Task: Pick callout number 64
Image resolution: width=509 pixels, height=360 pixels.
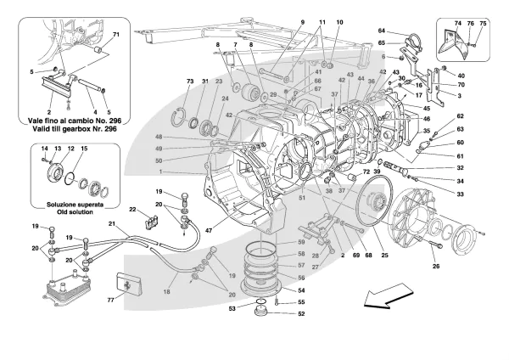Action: (x=383, y=31)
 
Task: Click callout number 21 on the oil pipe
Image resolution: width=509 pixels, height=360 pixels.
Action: (x=110, y=222)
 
